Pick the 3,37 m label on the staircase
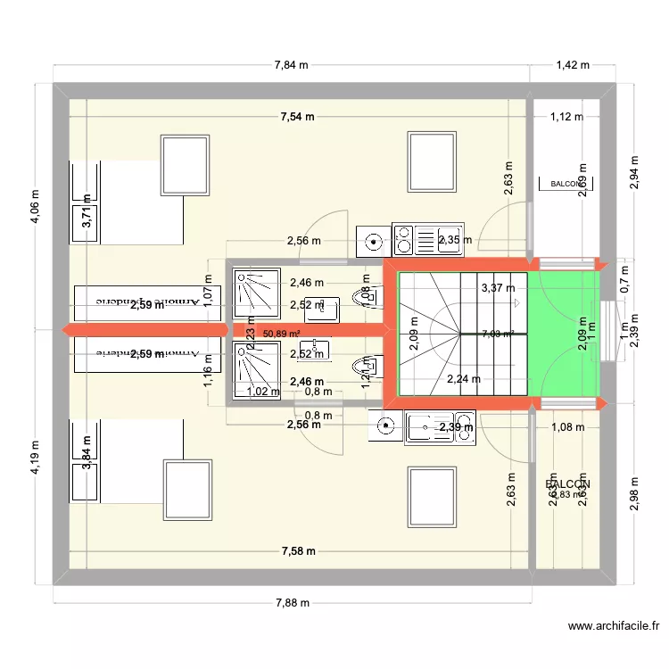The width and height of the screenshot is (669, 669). pos(498,288)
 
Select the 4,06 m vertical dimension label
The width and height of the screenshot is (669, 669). pos(36,206)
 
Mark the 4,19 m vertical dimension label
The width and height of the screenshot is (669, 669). pos(36,457)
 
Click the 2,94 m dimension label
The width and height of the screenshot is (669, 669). pos(634,179)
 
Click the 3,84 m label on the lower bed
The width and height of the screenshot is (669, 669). pos(87,452)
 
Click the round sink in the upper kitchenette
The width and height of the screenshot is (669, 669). pos(372,240)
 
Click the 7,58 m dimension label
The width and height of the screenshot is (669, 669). pos(297,551)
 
